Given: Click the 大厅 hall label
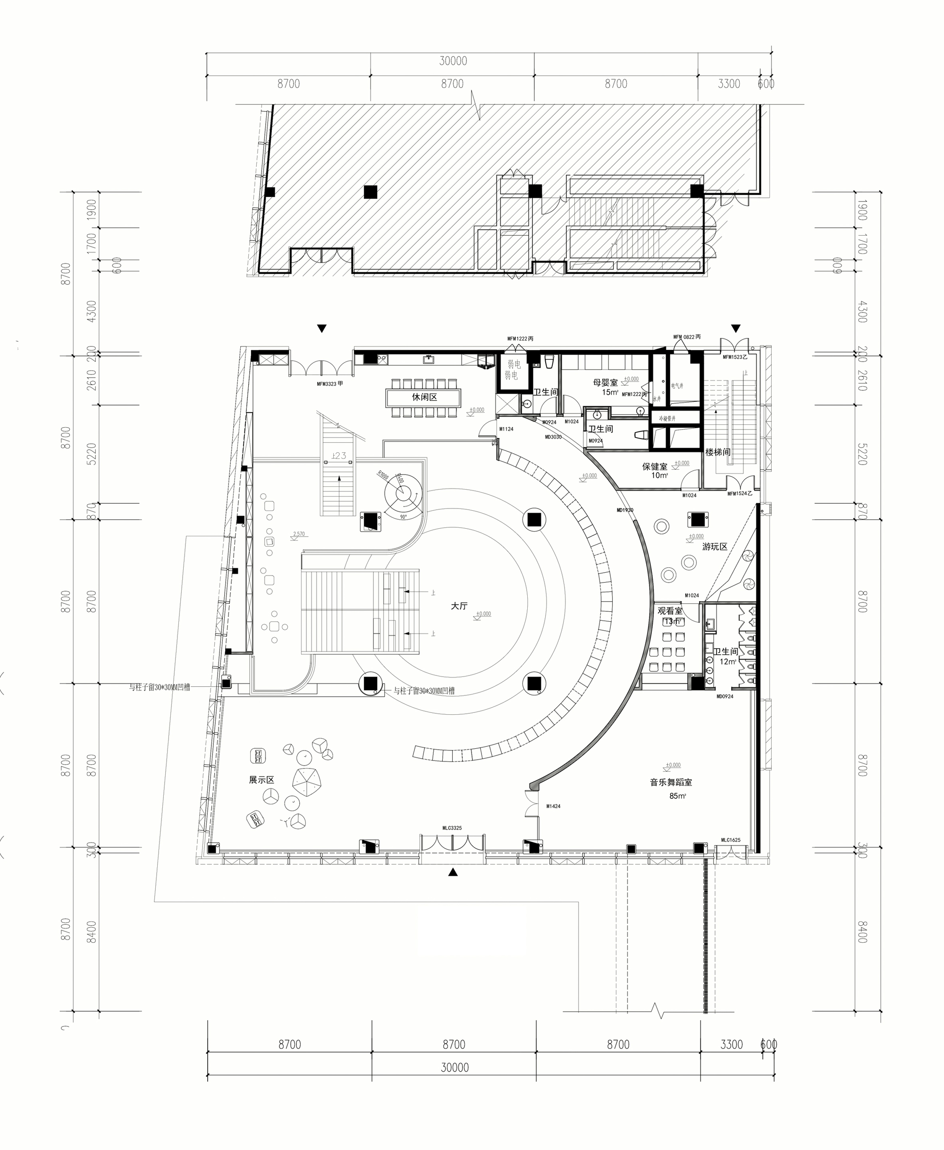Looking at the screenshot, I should (459, 606).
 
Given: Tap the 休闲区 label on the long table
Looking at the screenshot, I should (424, 397).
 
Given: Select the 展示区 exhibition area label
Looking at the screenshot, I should (261, 780).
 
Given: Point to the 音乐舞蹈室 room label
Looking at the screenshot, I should (671, 782).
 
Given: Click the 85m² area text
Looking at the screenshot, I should (677, 796).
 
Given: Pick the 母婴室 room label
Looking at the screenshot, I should (605, 383).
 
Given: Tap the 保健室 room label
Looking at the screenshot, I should (654, 466).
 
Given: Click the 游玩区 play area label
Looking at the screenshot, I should (715, 547).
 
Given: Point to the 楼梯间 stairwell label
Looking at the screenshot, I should (718, 452).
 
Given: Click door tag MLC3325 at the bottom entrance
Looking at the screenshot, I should (452, 828).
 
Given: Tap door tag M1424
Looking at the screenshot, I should (553, 806).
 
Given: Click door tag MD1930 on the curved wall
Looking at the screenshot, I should (625, 510).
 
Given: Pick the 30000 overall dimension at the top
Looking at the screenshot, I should (453, 61).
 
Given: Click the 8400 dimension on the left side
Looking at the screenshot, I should (92, 932).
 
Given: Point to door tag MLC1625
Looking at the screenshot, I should (730, 840).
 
